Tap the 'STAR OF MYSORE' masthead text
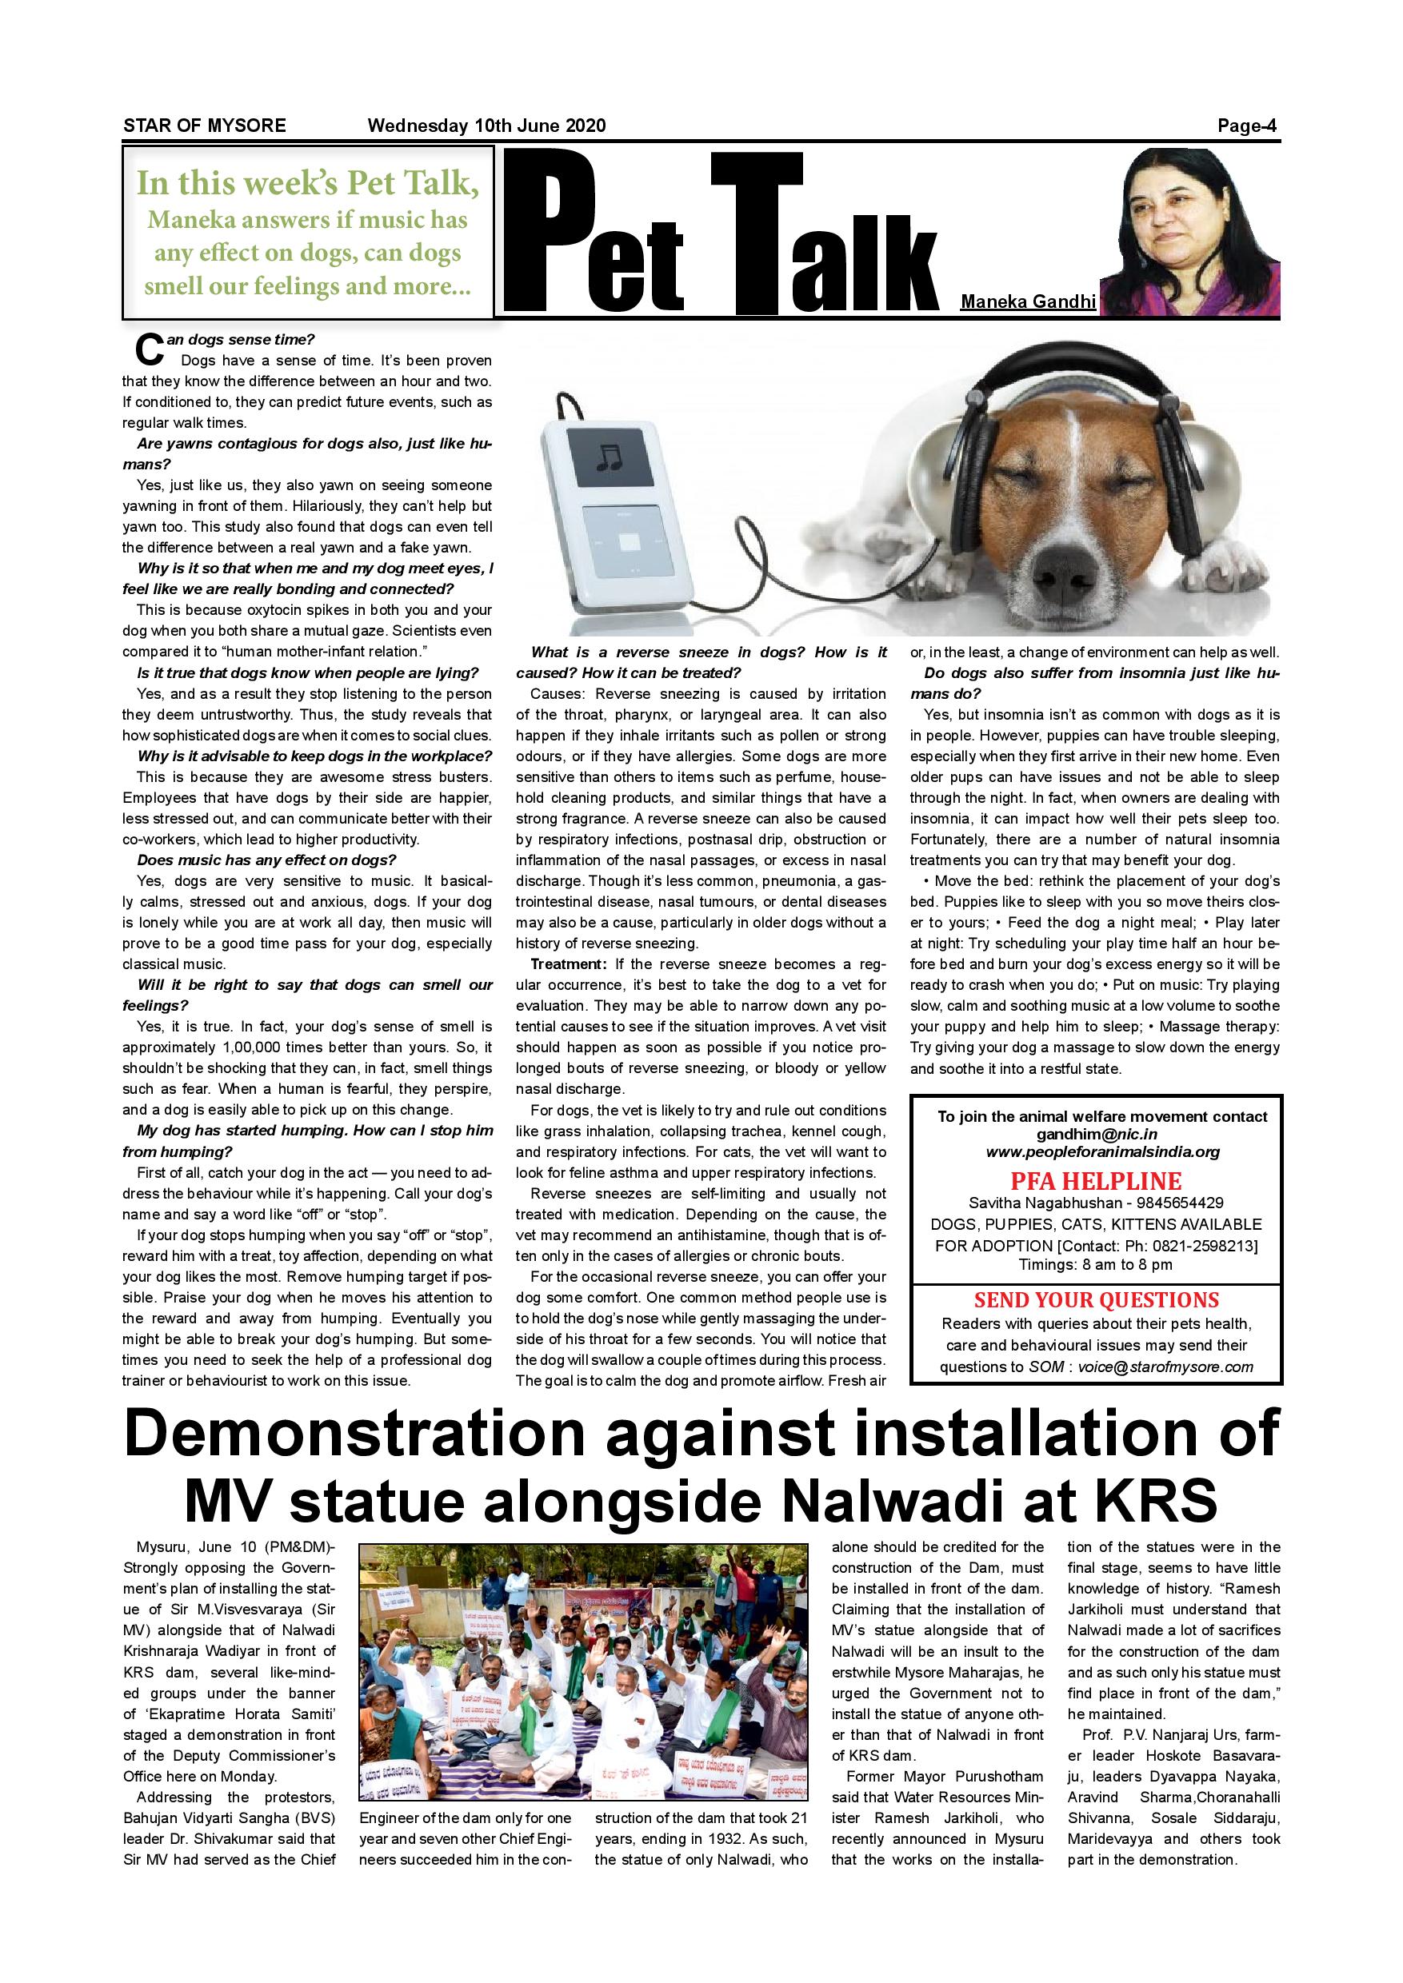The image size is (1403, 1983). point(205,126)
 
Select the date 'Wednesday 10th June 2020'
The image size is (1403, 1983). point(486,126)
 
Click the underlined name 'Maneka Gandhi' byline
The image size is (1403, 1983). point(1028,301)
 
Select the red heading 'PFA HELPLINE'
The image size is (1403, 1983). point(1096,1182)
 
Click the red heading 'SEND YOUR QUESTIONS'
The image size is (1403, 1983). point(1097,1300)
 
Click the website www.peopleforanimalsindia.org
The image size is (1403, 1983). point(1102,1151)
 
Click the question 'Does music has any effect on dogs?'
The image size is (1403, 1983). point(266,860)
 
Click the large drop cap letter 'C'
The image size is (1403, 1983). point(150,349)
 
